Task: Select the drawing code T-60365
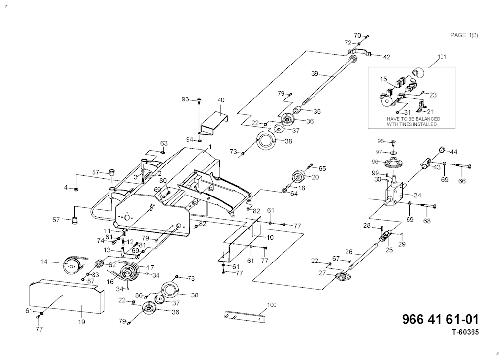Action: pos(465,332)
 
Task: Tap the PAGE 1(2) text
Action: pos(465,35)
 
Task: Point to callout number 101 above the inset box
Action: pos(442,57)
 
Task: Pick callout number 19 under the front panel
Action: pos(82,322)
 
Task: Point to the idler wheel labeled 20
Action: pos(298,176)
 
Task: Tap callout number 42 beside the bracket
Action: pos(387,57)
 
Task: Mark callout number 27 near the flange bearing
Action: pos(321,273)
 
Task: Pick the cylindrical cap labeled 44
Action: pos(442,149)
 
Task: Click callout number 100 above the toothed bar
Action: pos(271,305)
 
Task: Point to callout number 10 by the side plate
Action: pos(270,237)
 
